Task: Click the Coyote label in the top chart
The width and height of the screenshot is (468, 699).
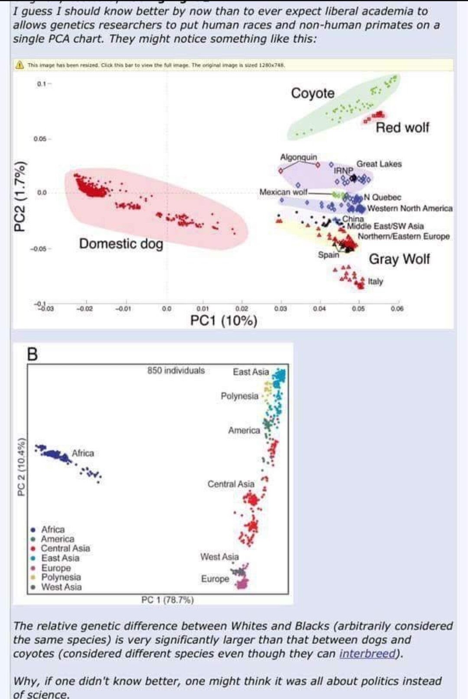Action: tap(312, 93)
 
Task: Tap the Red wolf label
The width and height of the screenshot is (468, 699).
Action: tap(402, 128)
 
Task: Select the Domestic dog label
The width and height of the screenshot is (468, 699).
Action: tap(121, 244)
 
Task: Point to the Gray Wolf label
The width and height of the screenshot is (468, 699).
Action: tap(399, 259)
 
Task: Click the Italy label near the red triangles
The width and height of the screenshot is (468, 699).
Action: tap(376, 282)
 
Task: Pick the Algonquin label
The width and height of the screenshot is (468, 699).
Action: tap(299, 157)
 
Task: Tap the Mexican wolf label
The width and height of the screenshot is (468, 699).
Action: tap(283, 192)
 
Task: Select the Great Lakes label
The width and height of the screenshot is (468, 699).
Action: tap(379, 164)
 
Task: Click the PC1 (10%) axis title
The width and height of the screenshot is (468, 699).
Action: tap(224, 321)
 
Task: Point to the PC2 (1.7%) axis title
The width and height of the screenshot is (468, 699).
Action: tap(19, 196)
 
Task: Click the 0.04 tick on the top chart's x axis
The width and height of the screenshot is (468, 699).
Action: tap(320, 308)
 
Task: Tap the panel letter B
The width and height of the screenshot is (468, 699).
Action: tap(32, 354)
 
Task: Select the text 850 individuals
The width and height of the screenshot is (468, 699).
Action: tap(176, 371)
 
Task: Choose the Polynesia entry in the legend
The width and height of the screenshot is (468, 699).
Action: tap(61, 578)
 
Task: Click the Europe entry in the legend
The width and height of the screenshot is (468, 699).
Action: tap(55, 568)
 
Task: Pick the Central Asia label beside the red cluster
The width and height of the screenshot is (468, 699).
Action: tap(231, 484)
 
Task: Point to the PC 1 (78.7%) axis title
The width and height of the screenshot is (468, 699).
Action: tap(168, 600)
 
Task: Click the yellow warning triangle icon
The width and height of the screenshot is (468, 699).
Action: tap(20, 65)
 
